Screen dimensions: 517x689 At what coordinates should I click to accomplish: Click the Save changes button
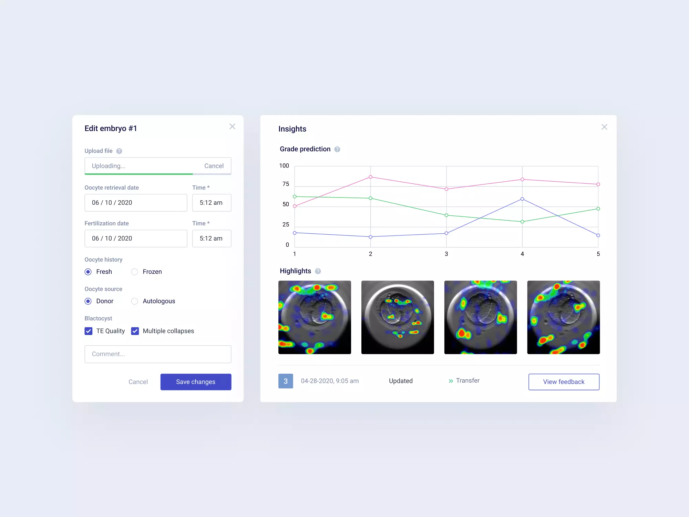pyautogui.click(x=196, y=382)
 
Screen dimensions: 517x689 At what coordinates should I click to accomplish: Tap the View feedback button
pyautogui.click(x=564, y=382)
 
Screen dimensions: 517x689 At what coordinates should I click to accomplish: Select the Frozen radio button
pyautogui.click(x=135, y=272)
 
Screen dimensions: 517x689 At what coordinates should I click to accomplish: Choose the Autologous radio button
pyautogui.click(x=135, y=301)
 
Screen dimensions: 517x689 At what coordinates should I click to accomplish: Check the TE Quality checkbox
pyautogui.click(x=89, y=331)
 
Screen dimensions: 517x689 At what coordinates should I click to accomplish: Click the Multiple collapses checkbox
pyautogui.click(x=135, y=331)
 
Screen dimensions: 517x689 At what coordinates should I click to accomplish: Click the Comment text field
pyautogui.click(x=158, y=354)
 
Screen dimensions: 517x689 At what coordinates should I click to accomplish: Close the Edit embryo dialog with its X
pyautogui.click(x=233, y=126)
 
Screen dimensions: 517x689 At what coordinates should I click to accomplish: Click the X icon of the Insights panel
pyautogui.click(x=604, y=127)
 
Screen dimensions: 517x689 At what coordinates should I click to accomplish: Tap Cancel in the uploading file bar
pyautogui.click(x=214, y=166)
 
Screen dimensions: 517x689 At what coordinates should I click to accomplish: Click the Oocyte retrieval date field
pyautogui.click(x=136, y=203)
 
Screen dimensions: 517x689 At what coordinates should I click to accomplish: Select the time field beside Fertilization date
pyautogui.click(x=212, y=239)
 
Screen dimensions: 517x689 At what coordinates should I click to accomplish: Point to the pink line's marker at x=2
pyautogui.click(x=371, y=177)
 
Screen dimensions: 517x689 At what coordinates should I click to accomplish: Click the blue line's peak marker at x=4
pyautogui.click(x=522, y=199)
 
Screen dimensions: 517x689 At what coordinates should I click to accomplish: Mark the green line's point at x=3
pyautogui.click(x=446, y=215)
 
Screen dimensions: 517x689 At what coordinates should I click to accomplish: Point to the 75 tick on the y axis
pyautogui.click(x=286, y=184)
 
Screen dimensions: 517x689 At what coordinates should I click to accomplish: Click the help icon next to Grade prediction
pyautogui.click(x=337, y=149)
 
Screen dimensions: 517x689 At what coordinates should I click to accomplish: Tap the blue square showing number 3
pyautogui.click(x=286, y=381)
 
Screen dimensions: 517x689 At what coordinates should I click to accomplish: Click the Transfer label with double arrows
pyautogui.click(x=464, y=381)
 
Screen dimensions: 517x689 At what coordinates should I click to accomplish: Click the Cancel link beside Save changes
pyautogui.click(x=138, y=382)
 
